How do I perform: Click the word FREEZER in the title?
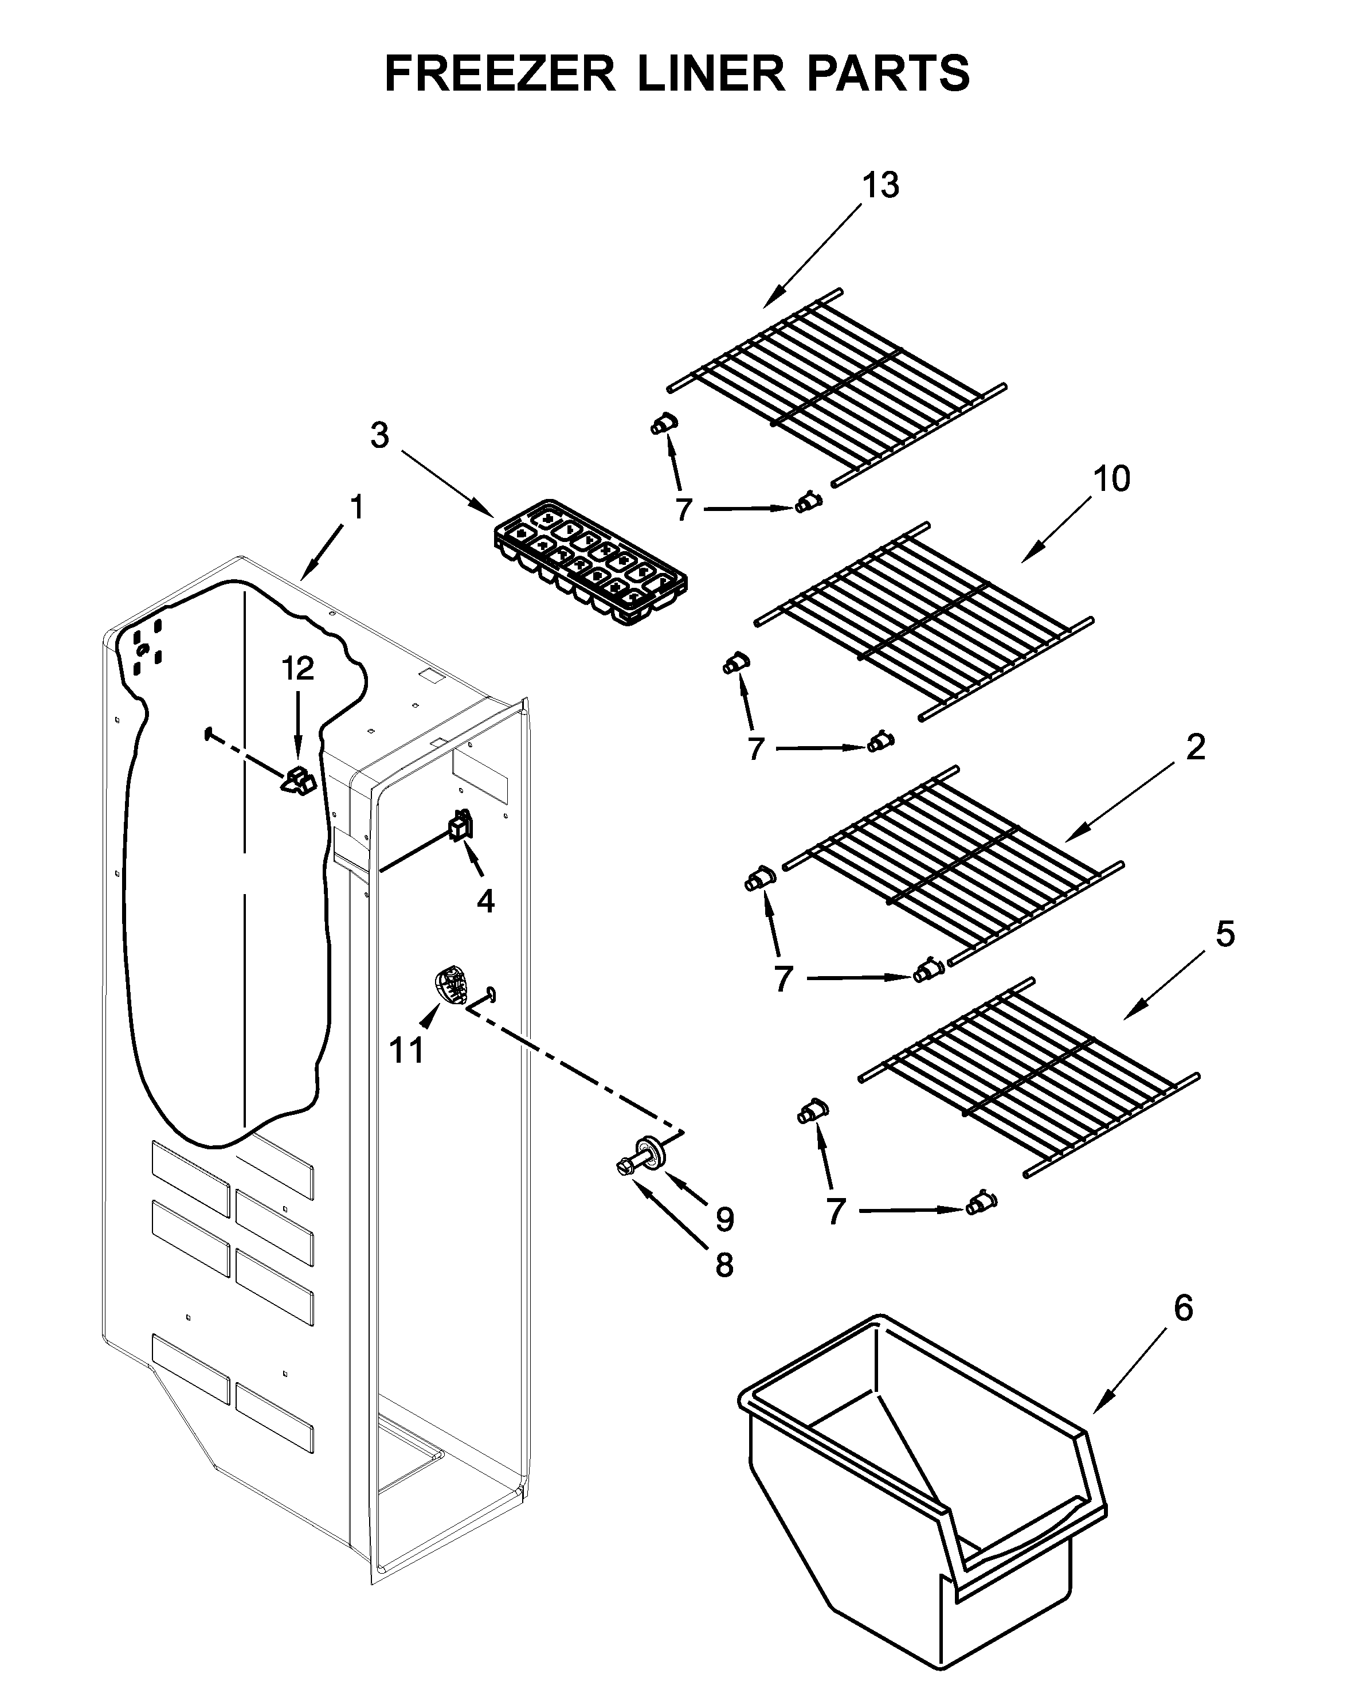coord(499,73)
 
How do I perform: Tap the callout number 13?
coord(880,186)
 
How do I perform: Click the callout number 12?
coord(297,669)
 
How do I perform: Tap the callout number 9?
coord(724,1219)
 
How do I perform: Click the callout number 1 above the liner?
coord(357,507)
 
